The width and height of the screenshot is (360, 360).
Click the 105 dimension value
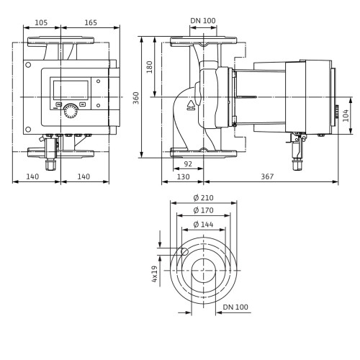click(x=41, y=22)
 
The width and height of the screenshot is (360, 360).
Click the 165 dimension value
click(x=91, y=22)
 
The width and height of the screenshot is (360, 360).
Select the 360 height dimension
click(x=136, y=98)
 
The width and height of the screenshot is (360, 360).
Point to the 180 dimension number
click(x=149, y=67)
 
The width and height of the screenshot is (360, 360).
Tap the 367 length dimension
click(x=267, y=176)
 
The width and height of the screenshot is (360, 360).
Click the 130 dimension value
click(x=183, y=177)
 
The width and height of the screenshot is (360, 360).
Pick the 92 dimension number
click(x=188, y=164)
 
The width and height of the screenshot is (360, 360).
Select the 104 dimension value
click(x=346, y=115)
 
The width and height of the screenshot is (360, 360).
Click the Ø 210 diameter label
click(x=203, y=198)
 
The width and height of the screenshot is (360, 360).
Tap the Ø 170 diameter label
click(x=203, y=210)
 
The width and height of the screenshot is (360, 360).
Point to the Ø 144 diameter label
click(x=203, y=225)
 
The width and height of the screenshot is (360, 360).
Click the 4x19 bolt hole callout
click(x=155, y=274)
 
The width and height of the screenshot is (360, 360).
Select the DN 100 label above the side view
click(x=203, y=21)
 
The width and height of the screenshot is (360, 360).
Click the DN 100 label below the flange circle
click(x=235, y=307)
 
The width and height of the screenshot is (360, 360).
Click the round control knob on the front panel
click(x=71, y=111)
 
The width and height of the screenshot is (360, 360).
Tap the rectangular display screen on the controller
click(x=71, y=90)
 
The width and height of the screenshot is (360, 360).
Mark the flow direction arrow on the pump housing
click(x=191, y=105)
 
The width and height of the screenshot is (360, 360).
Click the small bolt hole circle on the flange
click(x=184, y=251)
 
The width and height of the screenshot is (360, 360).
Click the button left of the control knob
click(x=58, y=104)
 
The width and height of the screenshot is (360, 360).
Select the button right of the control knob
click(x=83, y=104)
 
